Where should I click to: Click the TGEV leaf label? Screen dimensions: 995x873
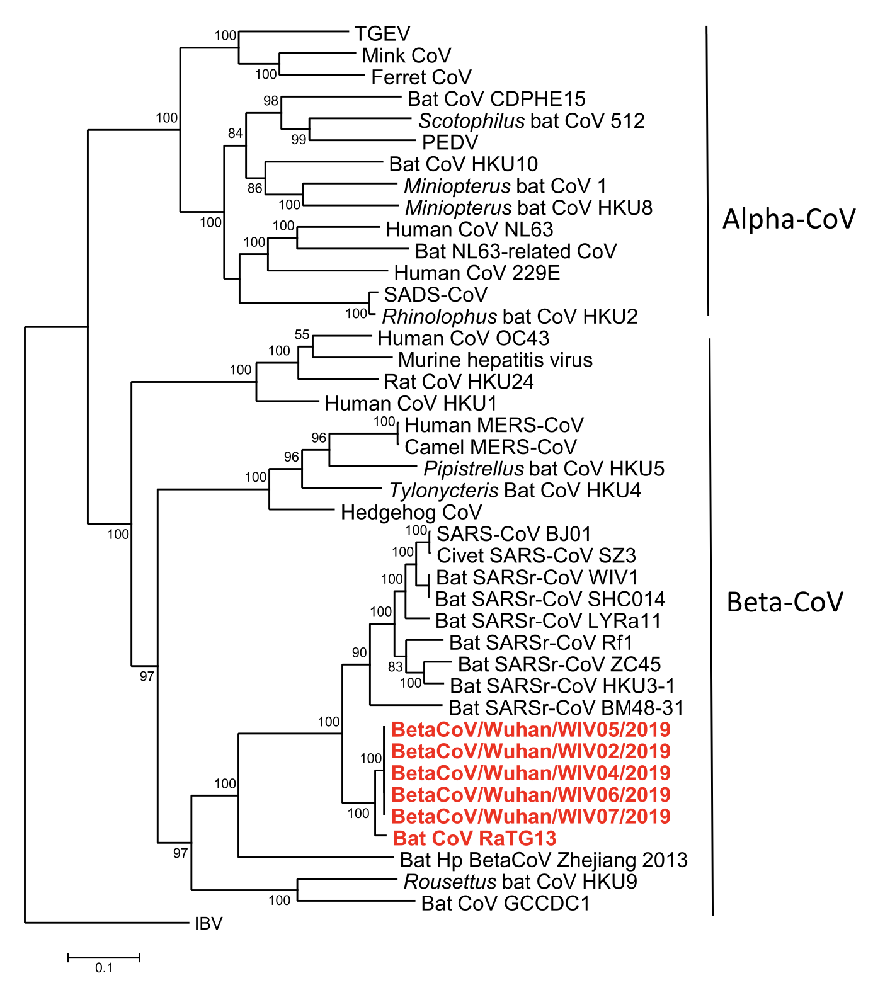pyautogui.click(x=382, y=34)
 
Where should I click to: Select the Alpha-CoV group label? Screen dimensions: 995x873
pyautogui.click(x=789, y=219)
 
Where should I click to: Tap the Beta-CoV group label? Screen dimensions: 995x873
pyautogui.click(x=784, y=603)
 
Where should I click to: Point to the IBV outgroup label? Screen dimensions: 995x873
pyautogui.click(x=208, y=924)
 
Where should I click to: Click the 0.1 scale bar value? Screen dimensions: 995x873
pyautogui.click(x=104, y=968)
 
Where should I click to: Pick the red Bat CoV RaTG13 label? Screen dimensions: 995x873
pyautogui.click(x=474, y=839)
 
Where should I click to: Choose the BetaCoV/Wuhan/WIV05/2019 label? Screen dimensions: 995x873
pyautogui.click(x=530, y=730)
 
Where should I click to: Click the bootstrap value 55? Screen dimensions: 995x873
pyautogui.click(x=302, y=334)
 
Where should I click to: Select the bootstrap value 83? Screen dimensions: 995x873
pyautogui.click(x=395, y=667)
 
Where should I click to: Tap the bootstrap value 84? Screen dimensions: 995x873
pyautogui.click(x=235, y=133)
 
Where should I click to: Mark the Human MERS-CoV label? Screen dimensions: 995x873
pyautogui.click(x=494, y=425)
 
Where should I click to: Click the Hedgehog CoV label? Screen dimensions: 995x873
pyautogui.click(x=411, y=513)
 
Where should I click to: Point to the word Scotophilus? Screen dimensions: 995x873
pyautogui.click(x=471, y=121)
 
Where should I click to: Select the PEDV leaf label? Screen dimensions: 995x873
pyautogui.click(x=450, y=142)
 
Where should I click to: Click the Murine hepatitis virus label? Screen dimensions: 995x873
pyautogui.click(x=495, y=360)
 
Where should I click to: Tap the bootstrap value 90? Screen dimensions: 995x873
pyautogui.click(x=359, y=652)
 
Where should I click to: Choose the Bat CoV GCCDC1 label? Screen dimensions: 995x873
pyautogui.click(x=505, y=904)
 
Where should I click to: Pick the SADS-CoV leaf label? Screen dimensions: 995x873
pyautogui.click(x=436, y=295)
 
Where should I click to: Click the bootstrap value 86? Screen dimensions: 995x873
pyautogui.click(x=254, y=188)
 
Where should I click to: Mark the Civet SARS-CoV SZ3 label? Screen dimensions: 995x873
pyautogui.click(x=536, y=556)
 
